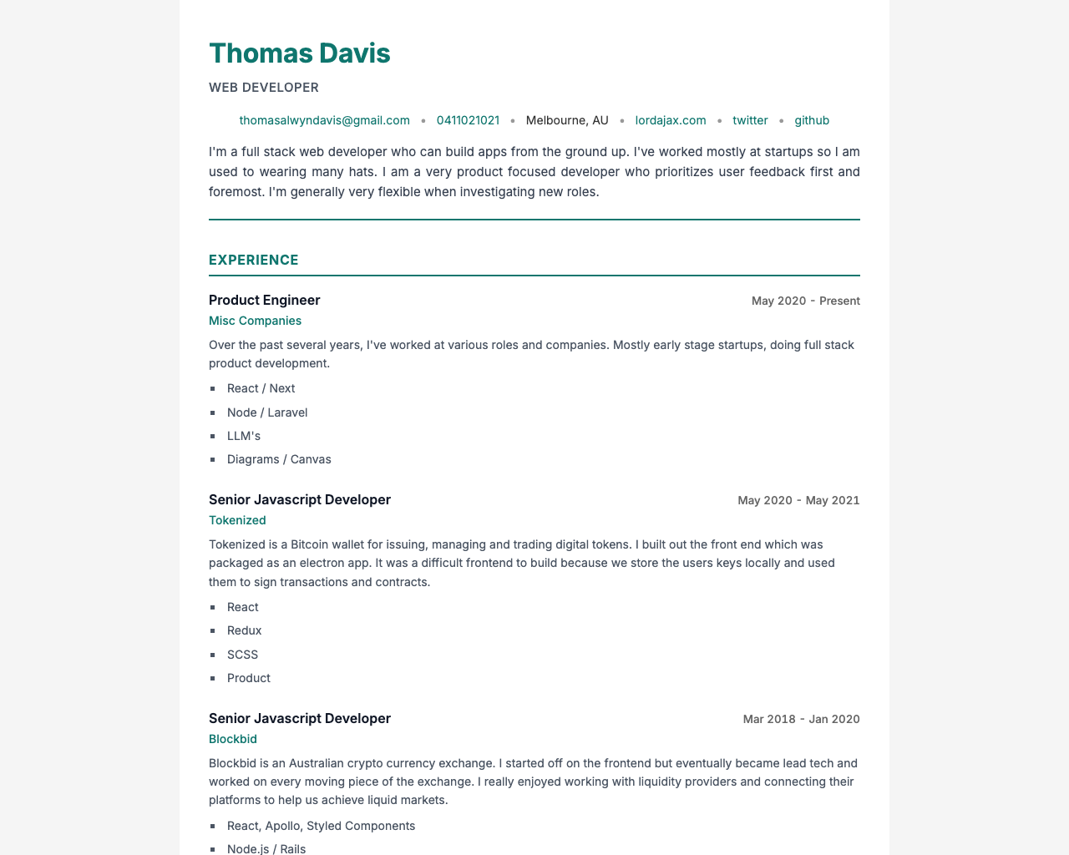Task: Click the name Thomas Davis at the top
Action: tap(299, 53)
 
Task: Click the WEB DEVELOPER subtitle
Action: tap(264, 88)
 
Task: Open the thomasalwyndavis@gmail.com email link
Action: tap(324, 120)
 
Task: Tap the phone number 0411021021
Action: tap(468, 120)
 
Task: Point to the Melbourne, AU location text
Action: tap(567, 120)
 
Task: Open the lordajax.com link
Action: tap(671, 120)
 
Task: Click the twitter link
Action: tap(750, 120)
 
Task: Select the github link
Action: tap(812, 120)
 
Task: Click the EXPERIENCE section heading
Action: tap(254, 260)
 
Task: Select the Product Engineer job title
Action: tap(265, 301)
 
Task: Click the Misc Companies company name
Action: tap(255, 321)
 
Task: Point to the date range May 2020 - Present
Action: tap(805, 301)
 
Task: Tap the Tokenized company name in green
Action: tap(237, 520)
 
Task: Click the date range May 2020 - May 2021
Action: tap(798, 500)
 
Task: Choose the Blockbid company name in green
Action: tap(233, 739)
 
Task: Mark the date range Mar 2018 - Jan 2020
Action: tap(801, 719)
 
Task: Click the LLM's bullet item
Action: tap(244, 436)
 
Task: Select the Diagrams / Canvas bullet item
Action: tap(279, 459)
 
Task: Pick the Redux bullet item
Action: tap(244, 630)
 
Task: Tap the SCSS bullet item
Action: tap(242, 655)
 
